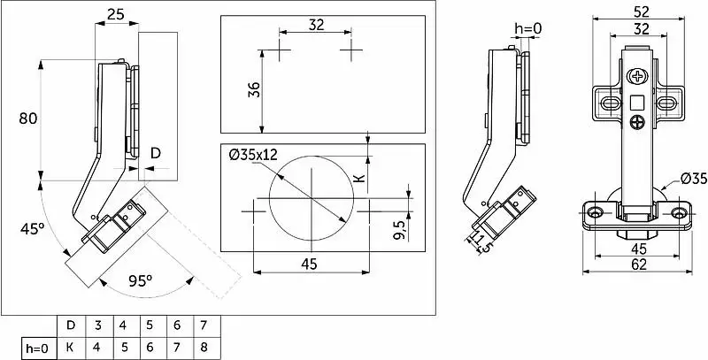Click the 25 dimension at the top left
point(115,15)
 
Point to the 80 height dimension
point(27,119)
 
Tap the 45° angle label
point(32,229)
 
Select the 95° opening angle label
point(140,281)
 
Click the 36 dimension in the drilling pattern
point(255,89)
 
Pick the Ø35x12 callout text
point(253,155)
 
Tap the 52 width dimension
point(638,11)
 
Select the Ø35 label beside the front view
point(694,179)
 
